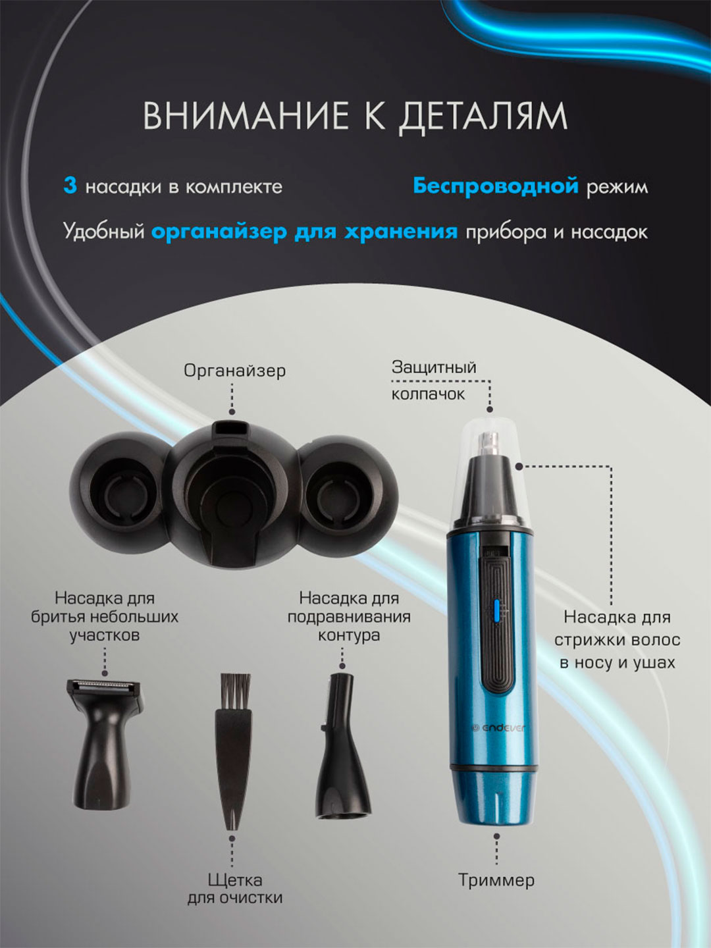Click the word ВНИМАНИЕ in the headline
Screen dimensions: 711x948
[x=246, y=116]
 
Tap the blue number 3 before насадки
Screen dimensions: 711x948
[x=70, y=186]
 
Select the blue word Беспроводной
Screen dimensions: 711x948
[x=496, y=186]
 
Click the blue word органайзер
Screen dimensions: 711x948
[x=219, y=232]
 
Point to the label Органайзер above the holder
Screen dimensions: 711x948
[x=234, y=371]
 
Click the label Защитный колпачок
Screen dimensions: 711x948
[x=434, y=381]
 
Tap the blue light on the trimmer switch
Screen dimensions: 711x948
[x=496, y=609]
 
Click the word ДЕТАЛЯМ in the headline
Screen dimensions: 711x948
[x=482, y=117]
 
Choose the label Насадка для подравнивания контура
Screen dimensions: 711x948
[x=349, y=617]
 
